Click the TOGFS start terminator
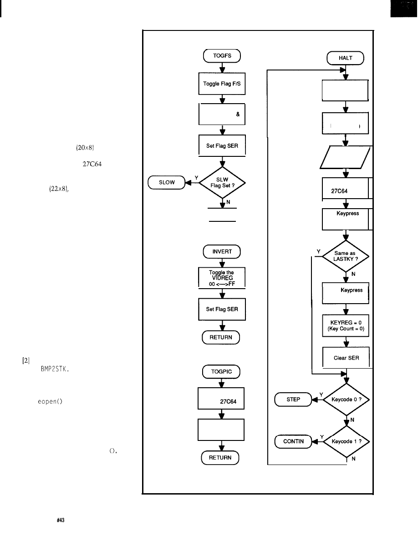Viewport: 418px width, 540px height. [x=222, y=56]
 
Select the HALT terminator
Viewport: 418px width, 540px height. [x=346, y=58]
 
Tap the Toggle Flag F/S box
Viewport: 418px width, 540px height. [x=222, y=84]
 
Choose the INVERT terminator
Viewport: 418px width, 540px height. [x=222, y=251]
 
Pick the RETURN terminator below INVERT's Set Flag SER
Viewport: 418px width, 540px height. [x=222, y=337]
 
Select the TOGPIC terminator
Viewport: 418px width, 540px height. [x=222, y=372]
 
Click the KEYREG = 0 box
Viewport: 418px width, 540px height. [x=346, y=325]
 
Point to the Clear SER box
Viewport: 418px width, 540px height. [x=346, y=358]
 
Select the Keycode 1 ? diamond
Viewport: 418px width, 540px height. [x=346, y=441]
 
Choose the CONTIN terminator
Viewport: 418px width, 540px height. [x=293, y=441]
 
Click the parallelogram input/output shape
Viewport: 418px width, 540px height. [x=346, y=156]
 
